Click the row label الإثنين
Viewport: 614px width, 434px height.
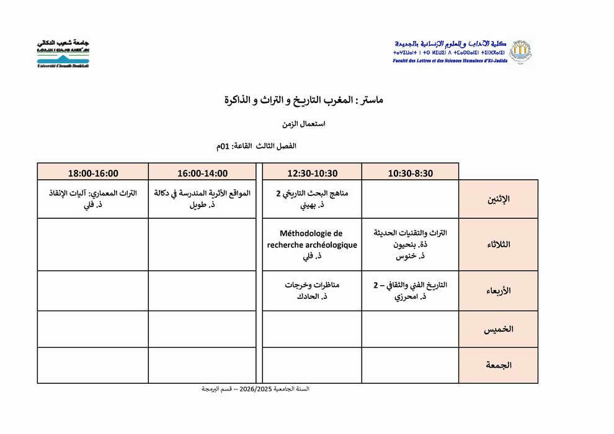(499, 199)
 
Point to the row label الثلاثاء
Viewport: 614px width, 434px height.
(499, 244)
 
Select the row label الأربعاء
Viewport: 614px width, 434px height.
(499, 290)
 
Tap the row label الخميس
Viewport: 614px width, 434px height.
(499, 329)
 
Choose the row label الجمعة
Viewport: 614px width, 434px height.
(499, 365)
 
